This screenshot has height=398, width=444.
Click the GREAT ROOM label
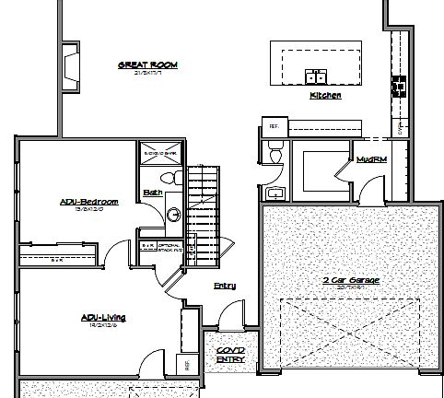tap(147, 64)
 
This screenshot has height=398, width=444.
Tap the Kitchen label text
tap(325, 96)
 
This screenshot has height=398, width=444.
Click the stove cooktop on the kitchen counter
tap(400, 86)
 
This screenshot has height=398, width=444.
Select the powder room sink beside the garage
tap(275, 193)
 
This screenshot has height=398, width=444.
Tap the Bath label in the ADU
tap(153, 193)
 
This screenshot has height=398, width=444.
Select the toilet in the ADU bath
tap(167, 176)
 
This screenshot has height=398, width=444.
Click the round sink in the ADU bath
tap(174, 215)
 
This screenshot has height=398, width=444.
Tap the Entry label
tap(225, 286)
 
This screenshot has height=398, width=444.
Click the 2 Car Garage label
tap(353, 279)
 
